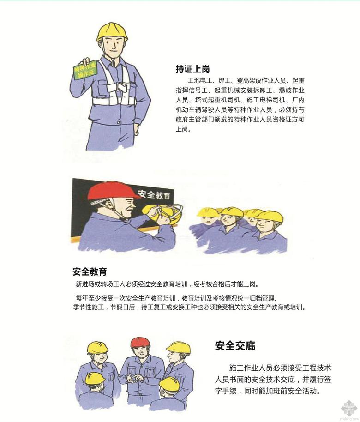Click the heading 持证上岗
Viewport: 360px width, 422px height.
click(192, 69)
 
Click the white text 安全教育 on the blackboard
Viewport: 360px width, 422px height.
click(154, 194)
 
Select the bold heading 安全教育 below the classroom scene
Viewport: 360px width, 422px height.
click(90, 271)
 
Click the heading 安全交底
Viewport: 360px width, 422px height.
click(235, 345)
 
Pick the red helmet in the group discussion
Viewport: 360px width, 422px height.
click(140, 342)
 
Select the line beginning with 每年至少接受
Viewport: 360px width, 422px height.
click(176, 298)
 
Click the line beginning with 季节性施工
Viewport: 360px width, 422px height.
click(189, 307)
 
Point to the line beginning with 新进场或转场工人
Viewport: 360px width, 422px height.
click(168, 284)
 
